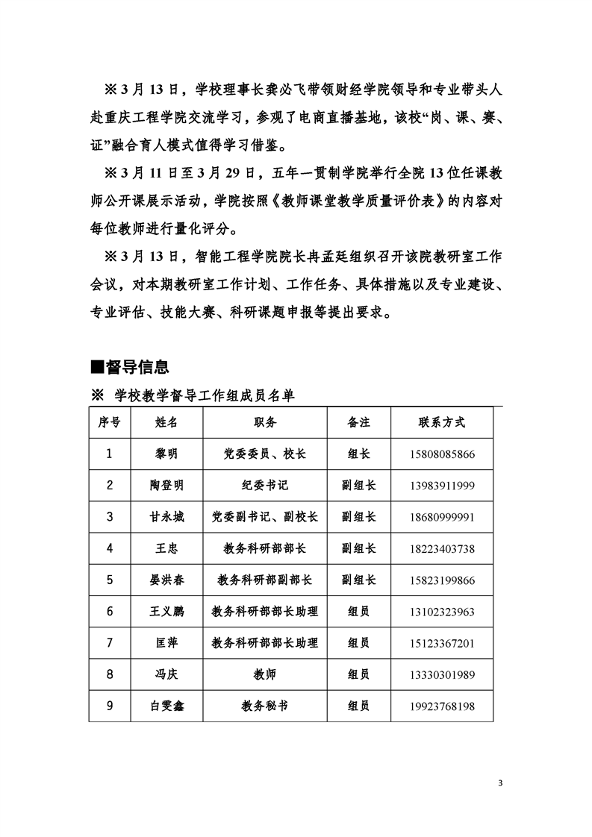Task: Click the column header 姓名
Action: [166, 422]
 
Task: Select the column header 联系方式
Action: [442, 422]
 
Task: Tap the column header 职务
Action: [265, 422]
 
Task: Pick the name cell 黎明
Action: [166, 453]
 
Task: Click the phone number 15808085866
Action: [442, 454]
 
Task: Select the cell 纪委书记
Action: [265, 485]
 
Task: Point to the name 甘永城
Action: [166, 516]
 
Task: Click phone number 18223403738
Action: [442, 549]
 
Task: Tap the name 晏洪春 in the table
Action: [166, 580]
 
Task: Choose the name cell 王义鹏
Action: [166, 612]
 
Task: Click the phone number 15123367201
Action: [442, 644]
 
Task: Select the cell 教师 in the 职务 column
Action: [265, 675]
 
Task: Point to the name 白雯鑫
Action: [166, 706]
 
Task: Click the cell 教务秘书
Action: [265, 706]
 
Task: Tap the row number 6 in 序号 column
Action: [110, 612]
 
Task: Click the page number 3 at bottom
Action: [500, 783]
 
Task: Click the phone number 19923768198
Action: [442, 706]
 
